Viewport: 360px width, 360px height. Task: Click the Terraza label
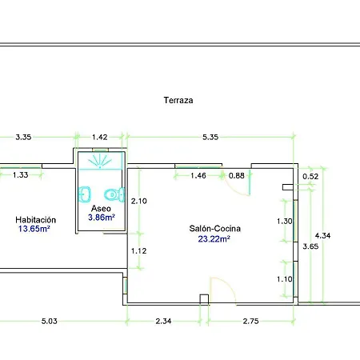[178, 100]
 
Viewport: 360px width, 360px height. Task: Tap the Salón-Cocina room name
[215, 229]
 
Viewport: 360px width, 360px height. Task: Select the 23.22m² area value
[214, 238]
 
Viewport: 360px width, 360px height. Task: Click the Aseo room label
[101, 208]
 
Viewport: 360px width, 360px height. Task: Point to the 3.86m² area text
[102, 218]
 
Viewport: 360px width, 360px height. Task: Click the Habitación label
[36, 220]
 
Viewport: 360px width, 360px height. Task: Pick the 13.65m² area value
[34, 229]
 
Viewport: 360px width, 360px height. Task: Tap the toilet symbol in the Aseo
[114, 194]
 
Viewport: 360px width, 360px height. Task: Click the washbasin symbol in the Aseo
[85, 194]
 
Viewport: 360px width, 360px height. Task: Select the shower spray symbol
[100, 161]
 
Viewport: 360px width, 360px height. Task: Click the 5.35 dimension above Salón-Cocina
[210, 137]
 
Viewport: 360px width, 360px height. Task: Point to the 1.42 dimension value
[100, 137]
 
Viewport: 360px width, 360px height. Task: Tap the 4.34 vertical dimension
[322, 235]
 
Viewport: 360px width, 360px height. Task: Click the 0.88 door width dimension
[237, 176]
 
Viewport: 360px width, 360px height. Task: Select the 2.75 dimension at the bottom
[250, 321]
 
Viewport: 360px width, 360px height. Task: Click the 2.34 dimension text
[163, 321]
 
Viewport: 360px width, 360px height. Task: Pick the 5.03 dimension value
[50, 321]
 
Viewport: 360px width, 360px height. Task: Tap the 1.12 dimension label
[138, 251]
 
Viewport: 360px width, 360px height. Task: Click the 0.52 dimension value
[310, 177]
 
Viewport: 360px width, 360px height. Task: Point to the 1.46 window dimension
[198, 176]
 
